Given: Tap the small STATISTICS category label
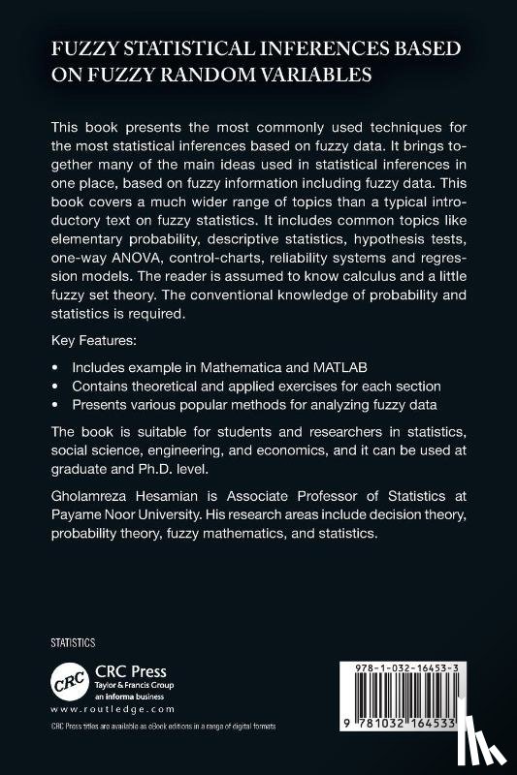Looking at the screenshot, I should click(71, 642).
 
